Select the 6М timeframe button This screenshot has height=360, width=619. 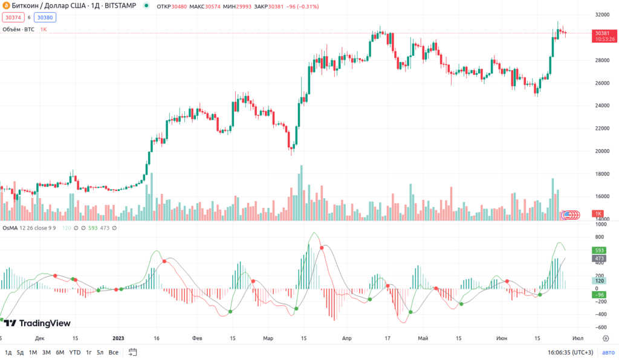pyautogui.click(x=60, y=352)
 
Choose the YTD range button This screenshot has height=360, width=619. pyautogui.click(x=75, y=352)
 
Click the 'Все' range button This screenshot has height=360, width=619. pyautogui.click(x=114, y=352)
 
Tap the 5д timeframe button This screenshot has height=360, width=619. pyautogui.click(x=20, y=352)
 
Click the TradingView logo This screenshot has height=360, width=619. pyautogui.click(x=37, y=323)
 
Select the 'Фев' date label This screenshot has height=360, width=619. pyautogui.click(x=196, y=338)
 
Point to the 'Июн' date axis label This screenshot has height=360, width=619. pyautogui.click(x=502, y=338)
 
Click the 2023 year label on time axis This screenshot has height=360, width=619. pyautogui.click(x=118, y=338)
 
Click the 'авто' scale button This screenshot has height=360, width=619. pyautogui.click(x=608, y=352)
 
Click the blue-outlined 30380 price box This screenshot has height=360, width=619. pyautogui.click(x=48, y=18)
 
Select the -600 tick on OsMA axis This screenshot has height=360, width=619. pyautogui.click(x=600, y=327)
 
